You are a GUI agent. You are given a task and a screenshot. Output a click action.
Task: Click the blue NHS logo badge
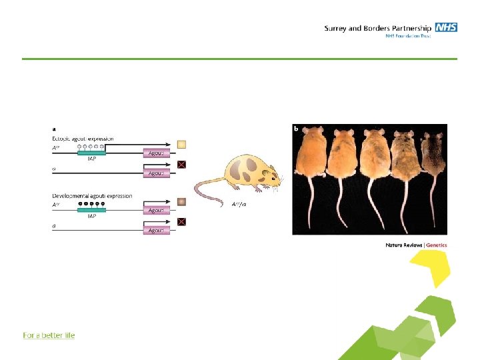click(x=446, y=27)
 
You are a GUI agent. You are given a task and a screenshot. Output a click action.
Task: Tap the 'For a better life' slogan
click(x=49, y=335)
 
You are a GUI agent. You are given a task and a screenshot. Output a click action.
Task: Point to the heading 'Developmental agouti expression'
click(x=92, y=196)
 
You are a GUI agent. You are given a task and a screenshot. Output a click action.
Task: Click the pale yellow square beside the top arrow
click(x=181, y=144)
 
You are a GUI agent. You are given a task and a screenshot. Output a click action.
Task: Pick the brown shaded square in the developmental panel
click(x=181, y=201)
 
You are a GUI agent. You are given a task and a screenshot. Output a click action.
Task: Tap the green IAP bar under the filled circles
click(x=91, y=211)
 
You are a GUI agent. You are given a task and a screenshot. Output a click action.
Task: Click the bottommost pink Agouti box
click(x=157, y=230)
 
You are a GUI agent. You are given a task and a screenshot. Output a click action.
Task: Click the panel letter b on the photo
click(x=297, y=129)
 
